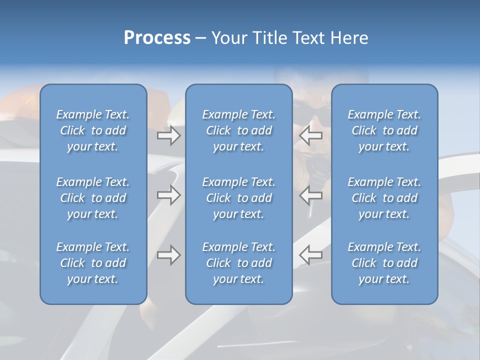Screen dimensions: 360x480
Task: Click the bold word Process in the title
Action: click(157, 38)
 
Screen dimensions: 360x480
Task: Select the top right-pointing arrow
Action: click(168, 135)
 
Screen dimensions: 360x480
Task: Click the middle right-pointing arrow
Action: click(168, 195)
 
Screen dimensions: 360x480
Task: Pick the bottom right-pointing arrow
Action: click(168, 255)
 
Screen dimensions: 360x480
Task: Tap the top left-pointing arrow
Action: click(310, 135)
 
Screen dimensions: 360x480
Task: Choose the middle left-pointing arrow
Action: click(310, 195)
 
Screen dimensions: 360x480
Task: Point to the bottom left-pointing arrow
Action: click(310, 255)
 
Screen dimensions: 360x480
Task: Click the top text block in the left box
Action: click(93, 130)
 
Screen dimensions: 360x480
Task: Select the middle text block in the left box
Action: click(93, 198)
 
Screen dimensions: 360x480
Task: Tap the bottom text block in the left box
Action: click(93, 263)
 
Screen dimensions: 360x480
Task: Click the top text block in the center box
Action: click(239, 130)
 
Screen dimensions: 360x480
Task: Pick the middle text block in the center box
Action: click(239, 198)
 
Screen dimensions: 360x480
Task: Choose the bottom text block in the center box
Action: click(239, 263)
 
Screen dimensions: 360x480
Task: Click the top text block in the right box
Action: click(384, 130)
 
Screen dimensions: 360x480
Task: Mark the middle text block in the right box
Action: click(384, 198)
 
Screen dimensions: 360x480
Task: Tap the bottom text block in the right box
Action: click(384, 263)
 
